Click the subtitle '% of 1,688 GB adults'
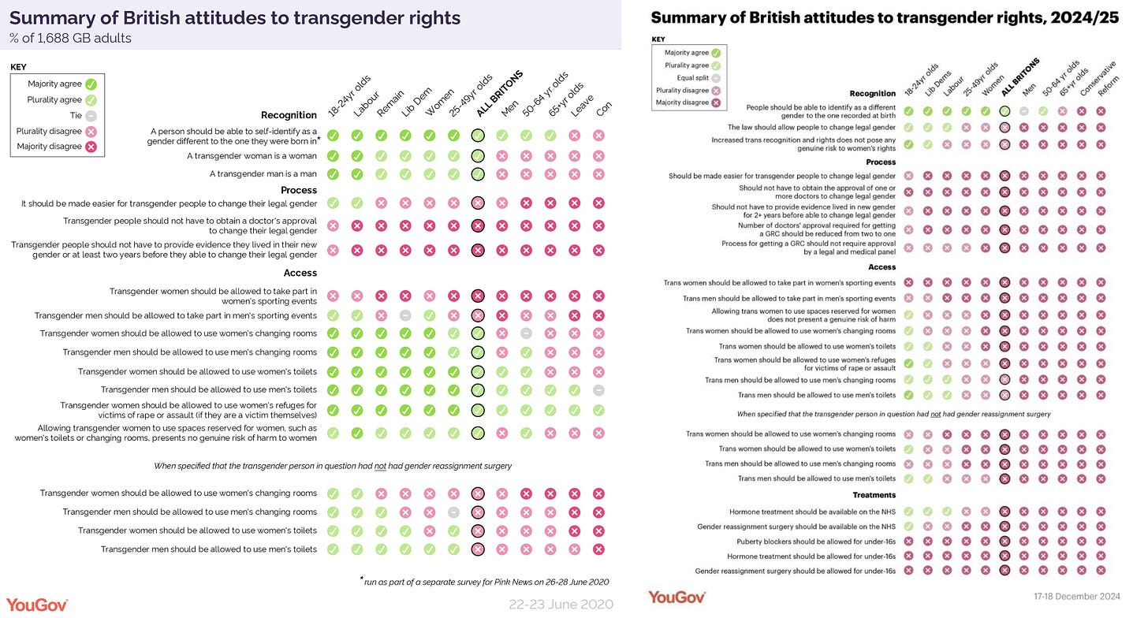click(x=70, y=38)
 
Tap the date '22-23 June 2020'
click(x=561, y=605)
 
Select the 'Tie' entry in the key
click(x=76, y=115)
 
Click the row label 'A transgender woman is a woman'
click(x=252, y=156)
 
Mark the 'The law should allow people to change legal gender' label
click(x=811, y=127)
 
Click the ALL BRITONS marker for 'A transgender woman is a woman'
click(x=478, y=156)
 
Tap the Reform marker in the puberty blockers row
click(x=1101, y=542)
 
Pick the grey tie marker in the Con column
click(x=598, y=390)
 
